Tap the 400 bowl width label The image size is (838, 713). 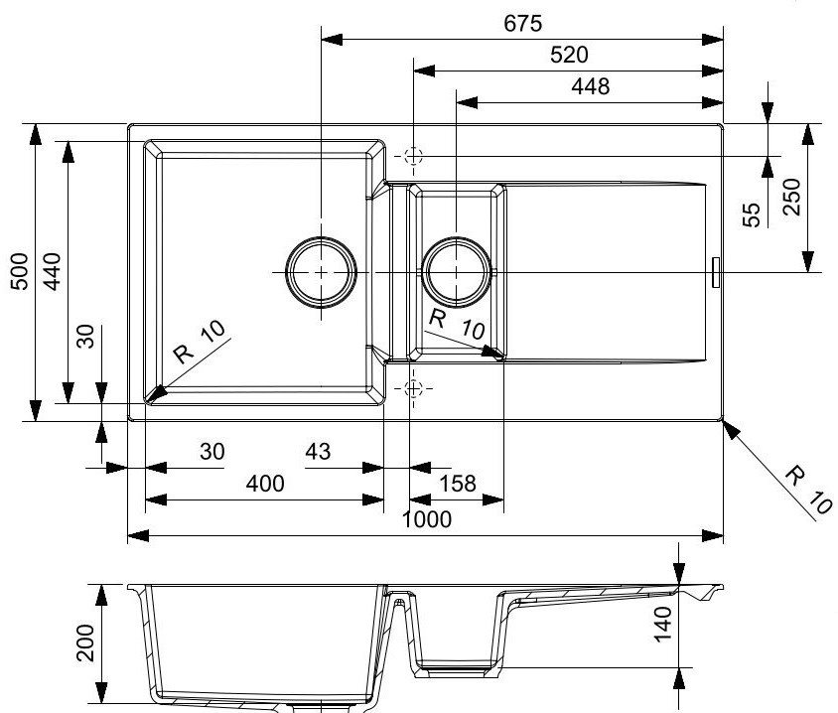(x=264, y=484)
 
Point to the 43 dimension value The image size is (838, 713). (x=317, y=452)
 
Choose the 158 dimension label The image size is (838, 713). (x=458, y=484)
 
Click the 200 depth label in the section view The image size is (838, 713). (x=85, y=643)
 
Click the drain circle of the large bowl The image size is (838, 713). (x=321, y=271)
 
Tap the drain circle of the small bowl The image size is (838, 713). (x=457, y=271)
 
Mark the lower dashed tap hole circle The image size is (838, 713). (x=414, y=386)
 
